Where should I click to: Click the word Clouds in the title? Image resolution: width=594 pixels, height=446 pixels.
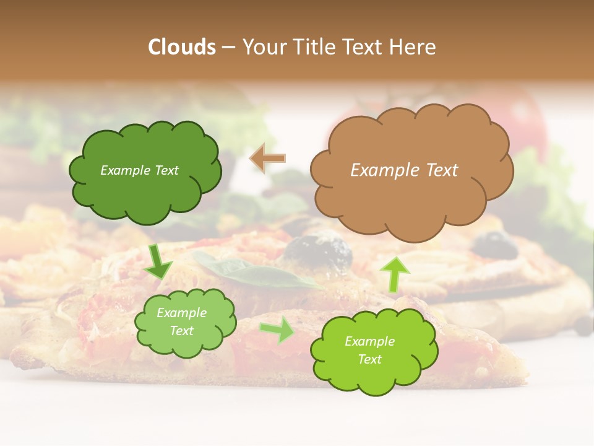click(182, 47)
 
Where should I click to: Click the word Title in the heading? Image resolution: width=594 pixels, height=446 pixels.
click(314, 47)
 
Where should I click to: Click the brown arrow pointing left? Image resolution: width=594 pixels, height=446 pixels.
click(268, 158)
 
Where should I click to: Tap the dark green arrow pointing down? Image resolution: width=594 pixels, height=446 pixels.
click(158, 263)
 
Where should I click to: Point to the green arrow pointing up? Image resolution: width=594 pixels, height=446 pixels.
click(394, 274)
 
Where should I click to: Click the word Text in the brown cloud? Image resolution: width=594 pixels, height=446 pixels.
click(442, 170)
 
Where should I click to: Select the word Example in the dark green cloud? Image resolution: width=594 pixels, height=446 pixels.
click(125, 170)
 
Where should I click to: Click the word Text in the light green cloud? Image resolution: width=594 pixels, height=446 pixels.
click(181, 331)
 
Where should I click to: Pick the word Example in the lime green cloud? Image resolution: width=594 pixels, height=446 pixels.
click(369, 341)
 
